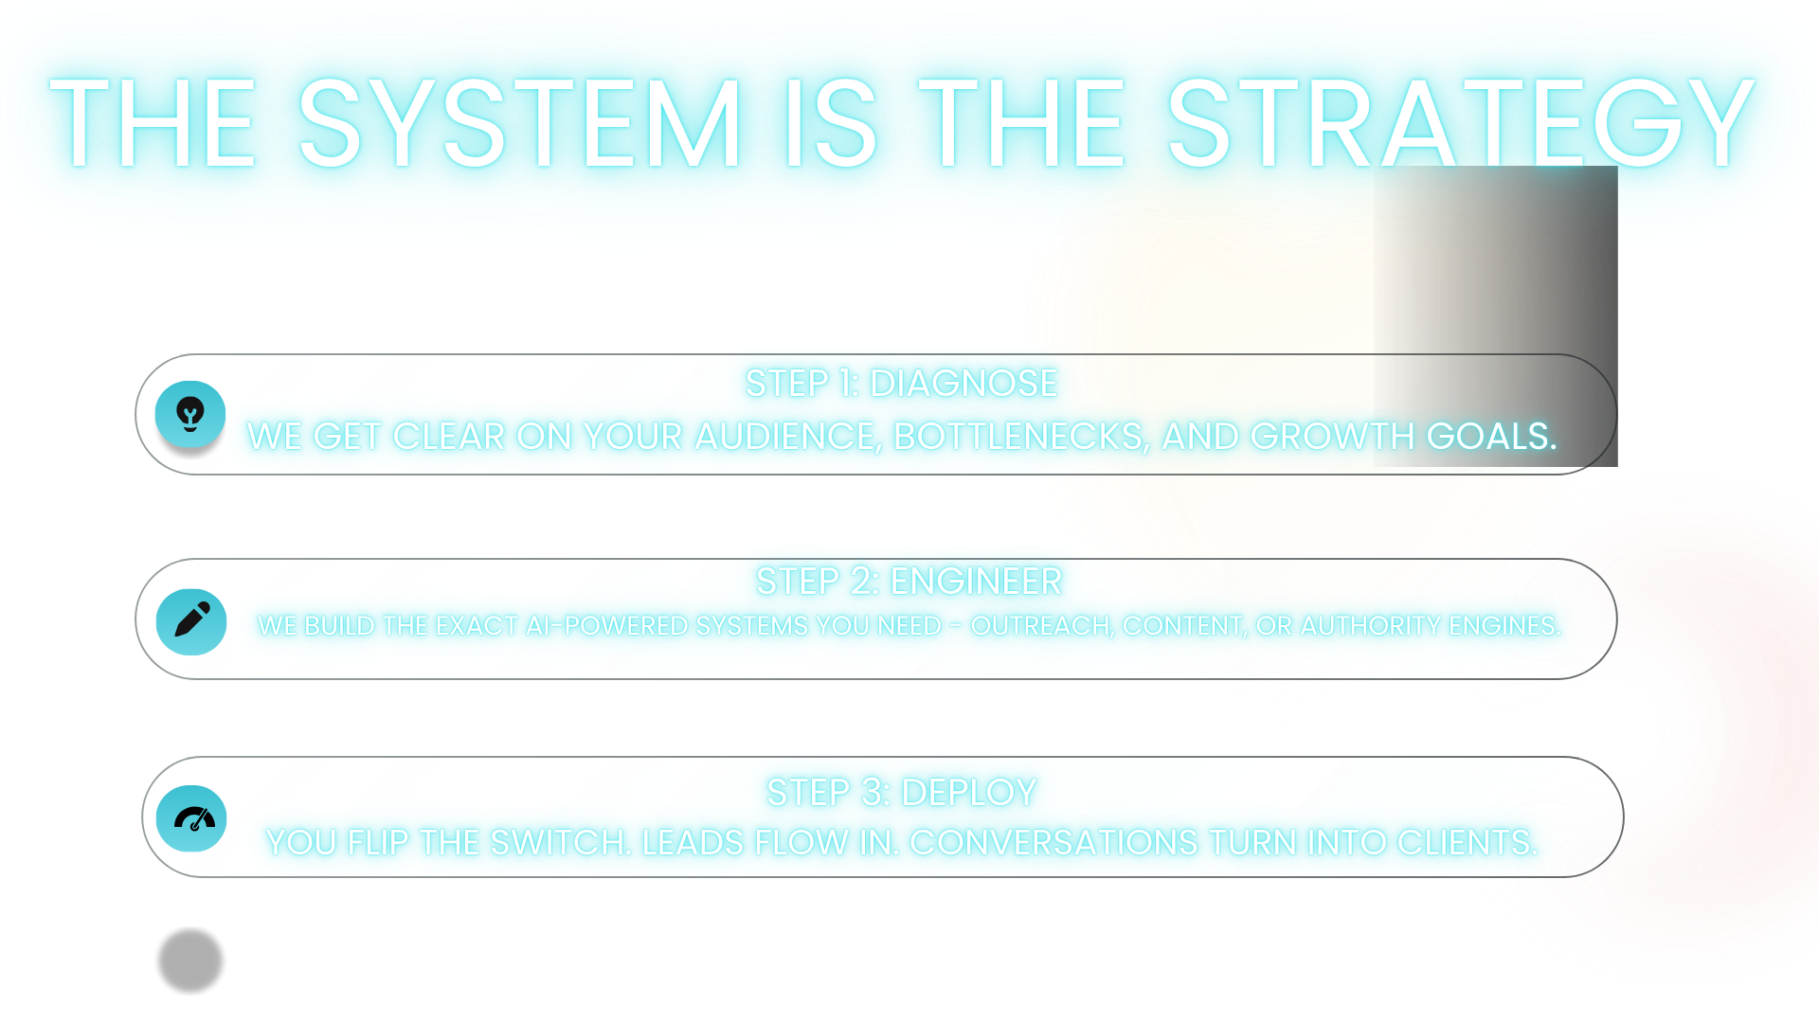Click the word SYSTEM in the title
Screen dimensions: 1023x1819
pos(519,124)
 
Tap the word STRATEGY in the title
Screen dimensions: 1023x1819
pos(1461,124)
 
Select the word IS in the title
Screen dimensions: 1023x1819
pos(830,124)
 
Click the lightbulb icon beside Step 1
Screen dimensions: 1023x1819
pos(190,414)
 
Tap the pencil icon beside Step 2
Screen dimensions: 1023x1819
pos(190,620)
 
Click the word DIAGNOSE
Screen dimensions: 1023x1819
pos(964,384)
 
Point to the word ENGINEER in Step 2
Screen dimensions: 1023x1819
pos(976,582)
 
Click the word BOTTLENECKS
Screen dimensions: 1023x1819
pos(1021,437)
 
